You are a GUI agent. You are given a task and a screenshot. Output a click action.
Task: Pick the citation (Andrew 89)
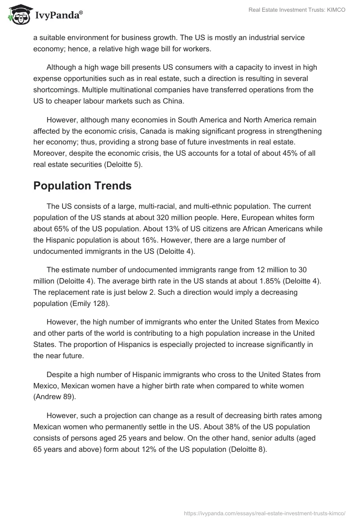59,397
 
